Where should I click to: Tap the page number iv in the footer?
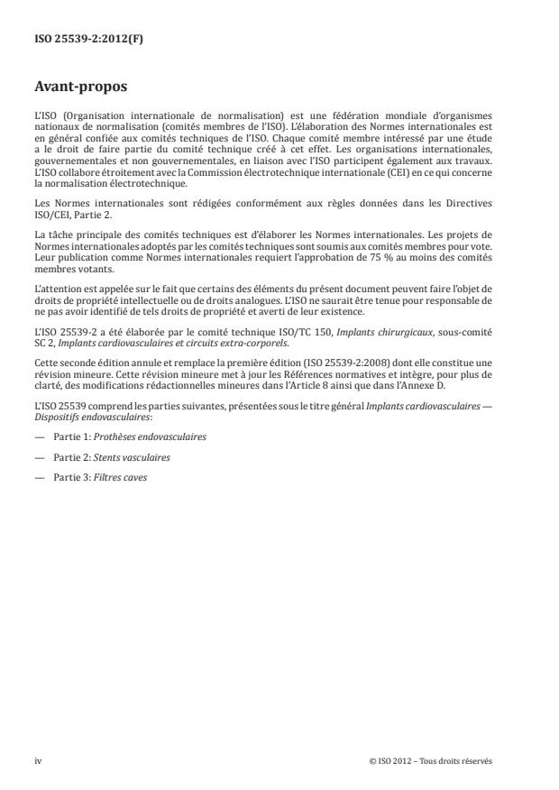pos(38,761)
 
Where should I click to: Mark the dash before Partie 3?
pos(39,477)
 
